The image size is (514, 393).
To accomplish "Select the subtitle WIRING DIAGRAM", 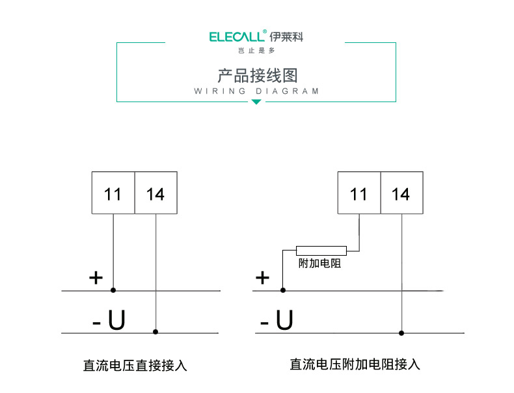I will (256, 91).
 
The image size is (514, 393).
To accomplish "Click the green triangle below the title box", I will (256, 102).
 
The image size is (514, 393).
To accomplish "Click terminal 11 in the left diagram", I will (113, 194).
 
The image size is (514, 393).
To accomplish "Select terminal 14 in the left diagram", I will (156, 194).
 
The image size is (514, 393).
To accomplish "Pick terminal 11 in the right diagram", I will (358, 194).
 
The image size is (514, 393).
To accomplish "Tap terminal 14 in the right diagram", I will (401, 194).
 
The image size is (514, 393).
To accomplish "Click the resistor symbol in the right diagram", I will (321, 251).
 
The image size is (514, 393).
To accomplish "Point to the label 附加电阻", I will (319, 264).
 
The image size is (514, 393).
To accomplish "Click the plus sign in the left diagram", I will (96, 278).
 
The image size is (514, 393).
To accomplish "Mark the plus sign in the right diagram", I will (262, 278).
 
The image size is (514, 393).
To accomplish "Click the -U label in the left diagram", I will (108, 320).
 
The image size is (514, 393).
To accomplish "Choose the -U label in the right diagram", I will (277, 320).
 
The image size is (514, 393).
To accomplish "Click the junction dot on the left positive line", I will (113, 290).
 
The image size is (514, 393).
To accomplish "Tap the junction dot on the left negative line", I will (155, 332).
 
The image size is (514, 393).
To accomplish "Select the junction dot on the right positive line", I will (283, 290).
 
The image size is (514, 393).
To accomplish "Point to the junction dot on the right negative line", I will (401, 333).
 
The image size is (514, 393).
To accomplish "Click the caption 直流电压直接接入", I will (135, 366).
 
